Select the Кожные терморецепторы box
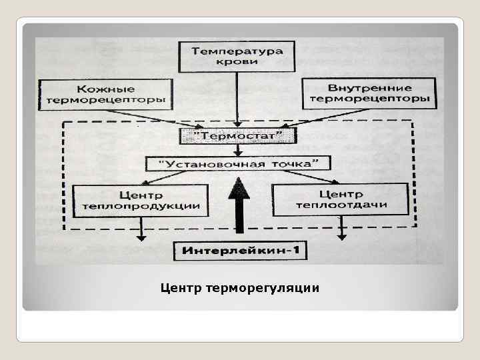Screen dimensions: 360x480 click(105, 95)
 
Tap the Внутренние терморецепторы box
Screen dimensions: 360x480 click(370, 94)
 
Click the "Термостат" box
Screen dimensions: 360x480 click(238, 137)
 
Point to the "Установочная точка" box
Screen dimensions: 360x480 click(238, 163)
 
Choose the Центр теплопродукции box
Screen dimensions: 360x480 click(141, 200)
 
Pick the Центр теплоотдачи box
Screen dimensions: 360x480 click(341, 199)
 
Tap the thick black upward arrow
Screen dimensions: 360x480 click(238, 203)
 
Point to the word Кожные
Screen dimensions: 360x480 click(106, 89)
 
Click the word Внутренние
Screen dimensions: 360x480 click(370, 87)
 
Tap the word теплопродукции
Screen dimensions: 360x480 click(141, 206)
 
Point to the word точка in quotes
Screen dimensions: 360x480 click(291, 163)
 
